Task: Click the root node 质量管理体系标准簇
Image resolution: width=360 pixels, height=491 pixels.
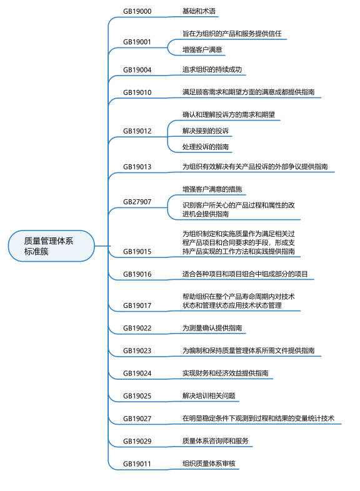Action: point(51,246)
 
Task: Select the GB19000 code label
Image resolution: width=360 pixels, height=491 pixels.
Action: point(137,11)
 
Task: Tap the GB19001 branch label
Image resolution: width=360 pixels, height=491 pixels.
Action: point(137,42)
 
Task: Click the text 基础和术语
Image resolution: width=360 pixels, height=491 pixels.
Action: point(199,11)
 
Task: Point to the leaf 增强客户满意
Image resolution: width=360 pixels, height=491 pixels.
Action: point(202,49)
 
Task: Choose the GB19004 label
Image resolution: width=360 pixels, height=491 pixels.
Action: point(137,70)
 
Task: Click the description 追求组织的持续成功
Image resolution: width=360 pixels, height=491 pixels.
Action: point(212,69)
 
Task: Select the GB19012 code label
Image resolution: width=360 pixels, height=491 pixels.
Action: point(137,131)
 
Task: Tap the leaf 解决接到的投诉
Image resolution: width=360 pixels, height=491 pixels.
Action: point(206,131)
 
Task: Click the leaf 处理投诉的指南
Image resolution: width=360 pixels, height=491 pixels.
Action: point(206,147)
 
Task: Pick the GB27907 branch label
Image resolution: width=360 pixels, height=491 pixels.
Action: point(137,202)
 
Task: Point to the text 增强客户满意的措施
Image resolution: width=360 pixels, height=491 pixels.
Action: point(212,189)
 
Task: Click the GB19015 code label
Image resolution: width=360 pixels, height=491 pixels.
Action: point(137,252)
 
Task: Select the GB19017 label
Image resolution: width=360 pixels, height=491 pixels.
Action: point(137,305)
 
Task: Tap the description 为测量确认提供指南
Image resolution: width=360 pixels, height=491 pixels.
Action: point(212,328)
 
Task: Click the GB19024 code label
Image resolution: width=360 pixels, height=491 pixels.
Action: point(137,374)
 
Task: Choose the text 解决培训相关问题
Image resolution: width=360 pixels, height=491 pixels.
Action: point(209,395)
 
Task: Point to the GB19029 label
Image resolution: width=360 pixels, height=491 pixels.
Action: point(137,441)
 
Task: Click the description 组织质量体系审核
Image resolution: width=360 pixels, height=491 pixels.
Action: point(209,464)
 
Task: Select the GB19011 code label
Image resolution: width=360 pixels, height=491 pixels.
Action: point(137,464)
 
